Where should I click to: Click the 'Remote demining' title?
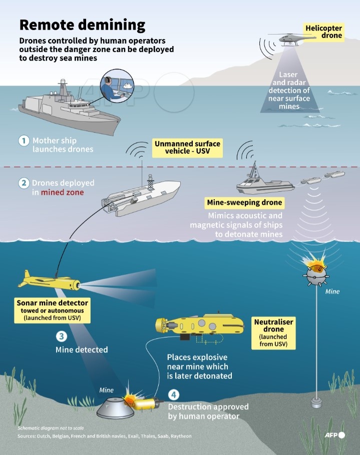[82, 25]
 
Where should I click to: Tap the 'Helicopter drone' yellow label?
[324, 32]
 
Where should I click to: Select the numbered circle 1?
[24, 141]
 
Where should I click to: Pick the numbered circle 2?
[24, 183]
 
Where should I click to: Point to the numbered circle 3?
[61, 336]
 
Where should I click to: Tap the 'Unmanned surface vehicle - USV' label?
[187, 148]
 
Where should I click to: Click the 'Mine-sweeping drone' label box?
[244, 203]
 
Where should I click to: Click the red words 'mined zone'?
[63, 192]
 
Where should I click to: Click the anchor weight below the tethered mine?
[316, 401]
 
